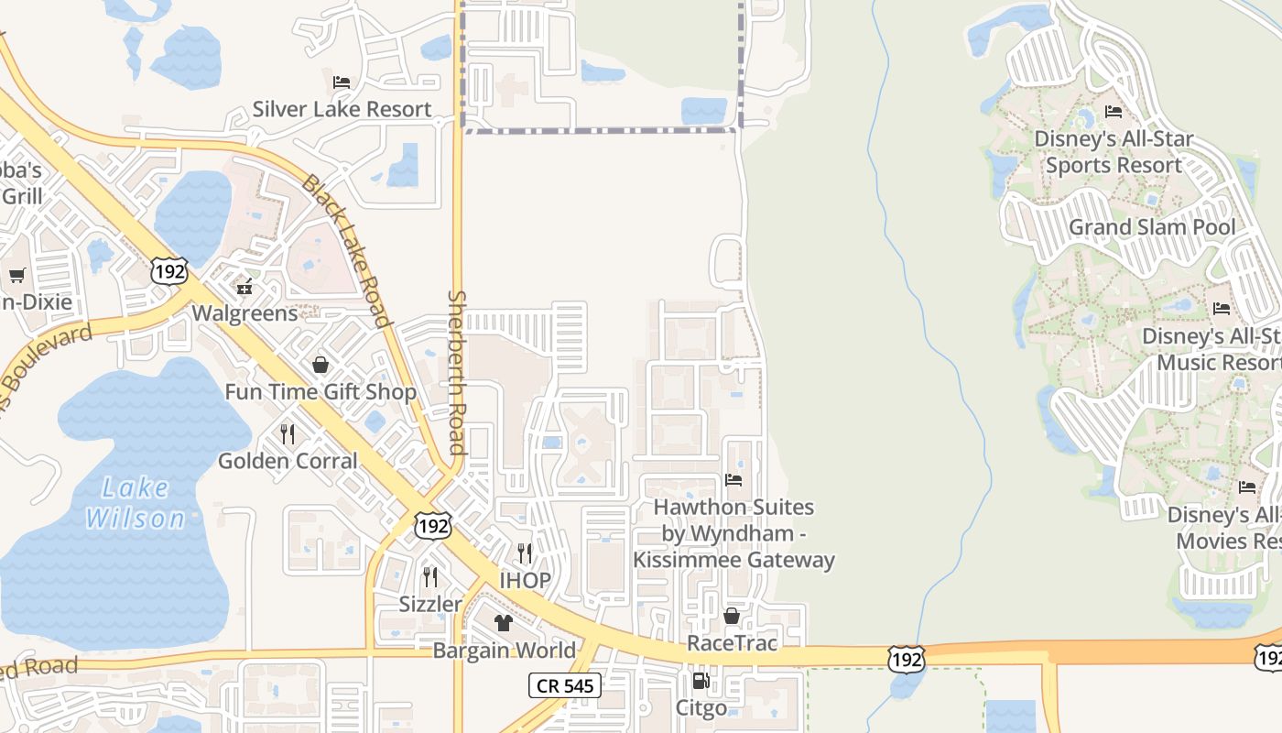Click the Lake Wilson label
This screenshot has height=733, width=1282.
[x=135, y=503]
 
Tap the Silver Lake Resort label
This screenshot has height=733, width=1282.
[x=342, y=109]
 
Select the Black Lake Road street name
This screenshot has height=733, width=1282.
[x=347, y=250]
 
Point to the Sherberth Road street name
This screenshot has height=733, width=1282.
[x=457, y=372]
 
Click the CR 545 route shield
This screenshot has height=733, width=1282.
[x=564, y=684]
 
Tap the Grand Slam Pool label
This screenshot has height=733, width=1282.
[x=1152, y=226]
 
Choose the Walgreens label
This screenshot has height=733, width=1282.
[x=244, y=313]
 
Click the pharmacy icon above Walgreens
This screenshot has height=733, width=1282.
[x=244, y=288]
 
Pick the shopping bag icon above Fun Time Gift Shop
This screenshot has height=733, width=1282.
[x=320, y=366]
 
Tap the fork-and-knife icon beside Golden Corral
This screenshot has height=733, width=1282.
[x=288, y=434]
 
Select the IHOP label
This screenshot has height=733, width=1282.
[x=525, y=580]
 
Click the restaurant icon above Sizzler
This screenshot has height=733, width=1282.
[x=429, y=577]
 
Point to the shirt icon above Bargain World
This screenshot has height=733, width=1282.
[x=504, y=624]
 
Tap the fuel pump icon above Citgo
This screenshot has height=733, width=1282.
[x=701, y=681]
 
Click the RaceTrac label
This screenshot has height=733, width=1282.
[x=732, y=643]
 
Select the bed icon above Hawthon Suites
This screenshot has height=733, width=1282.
[x=733, y=479]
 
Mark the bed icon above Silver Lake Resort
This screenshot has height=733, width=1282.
[x=342, y=82]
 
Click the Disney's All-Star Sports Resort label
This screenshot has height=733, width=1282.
[x=1114, y=152]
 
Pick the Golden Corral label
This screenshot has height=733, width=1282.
[x=288, y=460]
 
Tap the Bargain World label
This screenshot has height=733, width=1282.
[x=504, y=651]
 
